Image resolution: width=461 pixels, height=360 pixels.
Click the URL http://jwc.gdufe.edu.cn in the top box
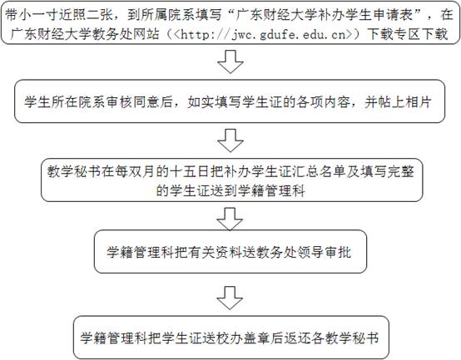tap(263, 35)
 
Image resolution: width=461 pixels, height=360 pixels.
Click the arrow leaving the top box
tap(230, 62)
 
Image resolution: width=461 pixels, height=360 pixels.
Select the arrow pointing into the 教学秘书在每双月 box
tap(230, 141)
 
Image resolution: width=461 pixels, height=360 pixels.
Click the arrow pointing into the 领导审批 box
tap(230, 219)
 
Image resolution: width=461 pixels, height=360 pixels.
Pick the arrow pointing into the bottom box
tap(230, 298)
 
